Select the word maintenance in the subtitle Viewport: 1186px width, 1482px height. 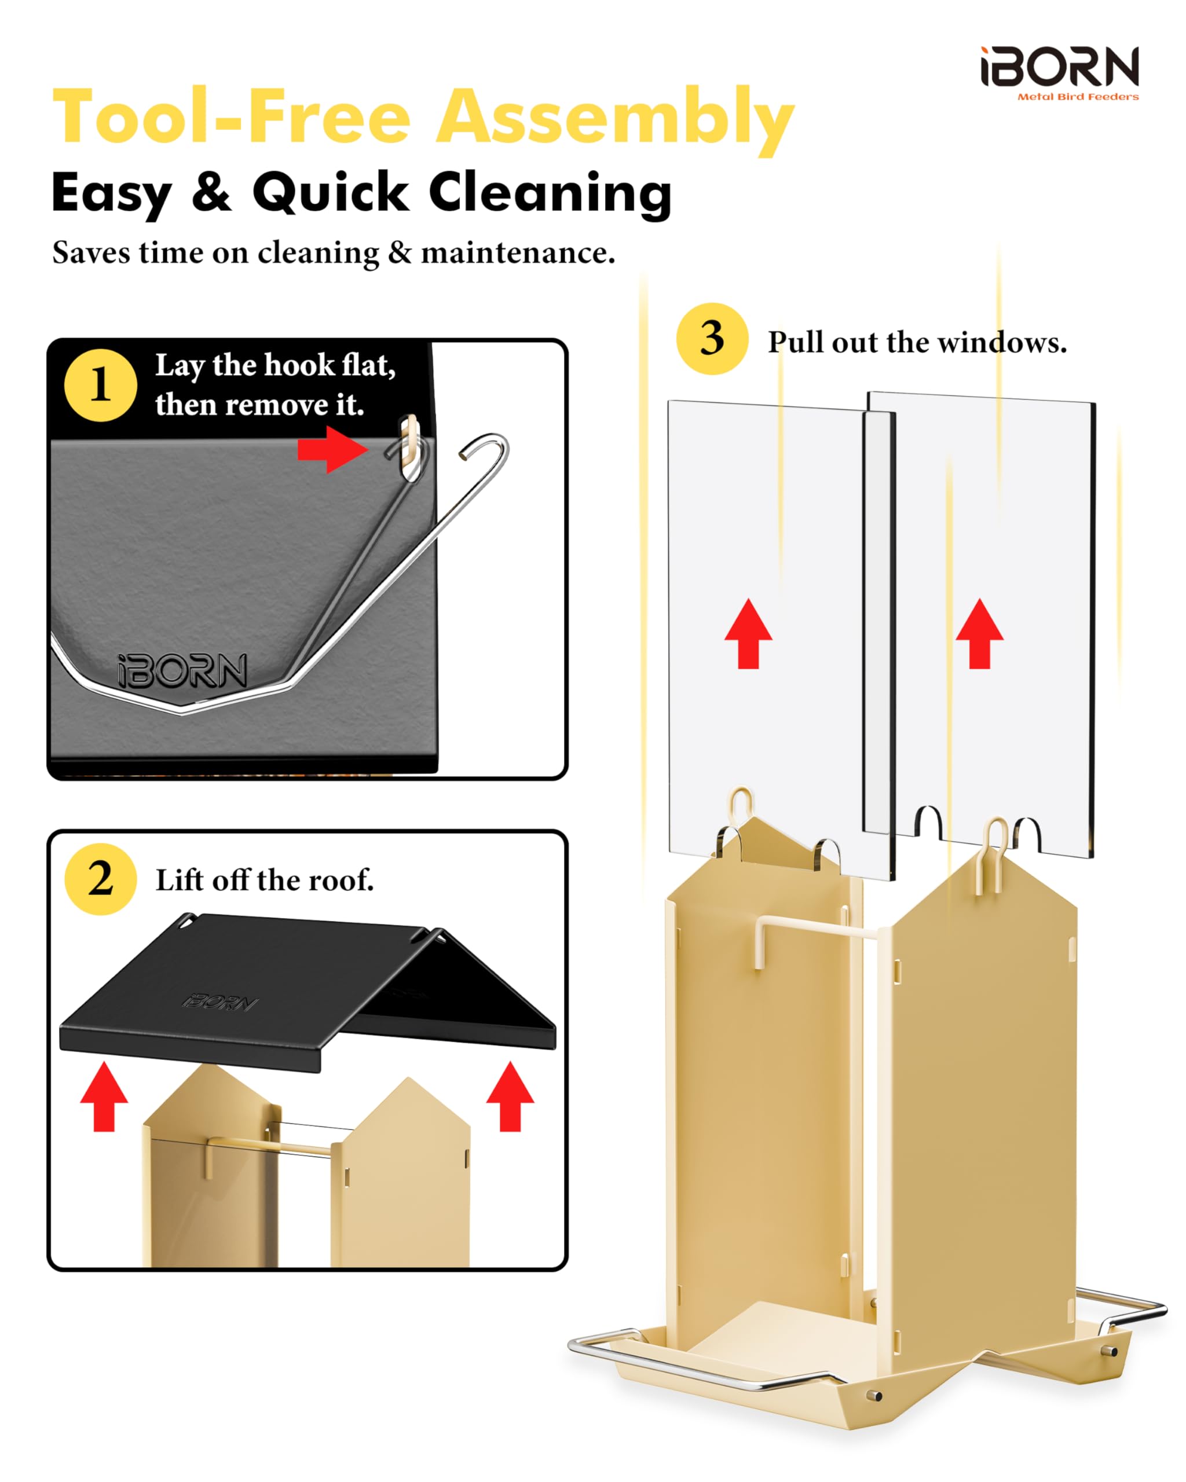[x=518, y=253]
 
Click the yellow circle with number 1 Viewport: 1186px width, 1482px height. [x=100, y=385]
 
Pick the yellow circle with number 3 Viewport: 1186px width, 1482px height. [x=712, y=338]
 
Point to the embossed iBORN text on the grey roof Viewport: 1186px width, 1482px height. [x=183, y=670]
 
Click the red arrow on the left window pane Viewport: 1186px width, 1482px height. [x=748, y=633]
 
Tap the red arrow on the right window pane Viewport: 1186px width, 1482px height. [x=979, y=633]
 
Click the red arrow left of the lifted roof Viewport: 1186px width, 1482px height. [x=104, y=1096]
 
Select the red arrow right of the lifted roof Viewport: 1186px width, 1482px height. [x=510, y=1096]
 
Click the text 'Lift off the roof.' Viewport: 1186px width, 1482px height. [x=265, y=880]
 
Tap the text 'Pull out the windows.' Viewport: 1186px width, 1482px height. [x=917, y=342]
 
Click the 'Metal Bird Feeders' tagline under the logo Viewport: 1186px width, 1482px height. [x=1078, y=97]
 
